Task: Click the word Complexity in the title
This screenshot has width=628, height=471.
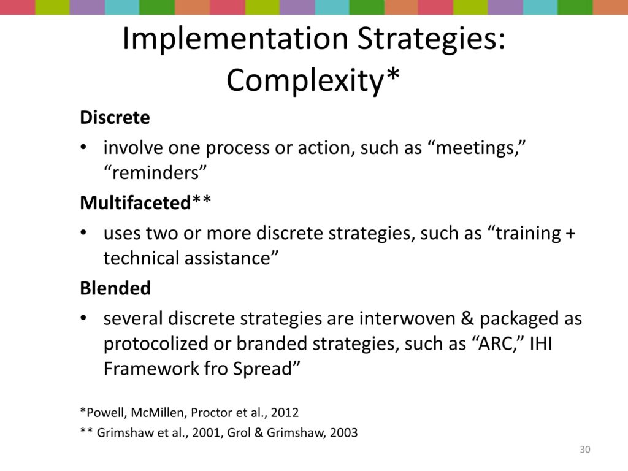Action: tap(306, 80)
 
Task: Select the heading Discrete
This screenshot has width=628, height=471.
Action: tap(115, 117)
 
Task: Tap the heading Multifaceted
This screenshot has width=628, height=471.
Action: tap(136, 202)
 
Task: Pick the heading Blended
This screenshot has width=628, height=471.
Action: tap(115, 288)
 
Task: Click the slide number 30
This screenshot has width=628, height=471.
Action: tap(584, 450)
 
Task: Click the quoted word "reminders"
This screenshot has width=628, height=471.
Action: tap(155, 173)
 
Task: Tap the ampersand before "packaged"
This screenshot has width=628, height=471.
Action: tap(468, 319)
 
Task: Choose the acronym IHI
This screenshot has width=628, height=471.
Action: tap(541, 343)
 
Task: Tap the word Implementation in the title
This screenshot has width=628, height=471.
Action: tap(235, 39)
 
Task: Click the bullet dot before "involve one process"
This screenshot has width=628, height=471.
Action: tap(83, 147)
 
